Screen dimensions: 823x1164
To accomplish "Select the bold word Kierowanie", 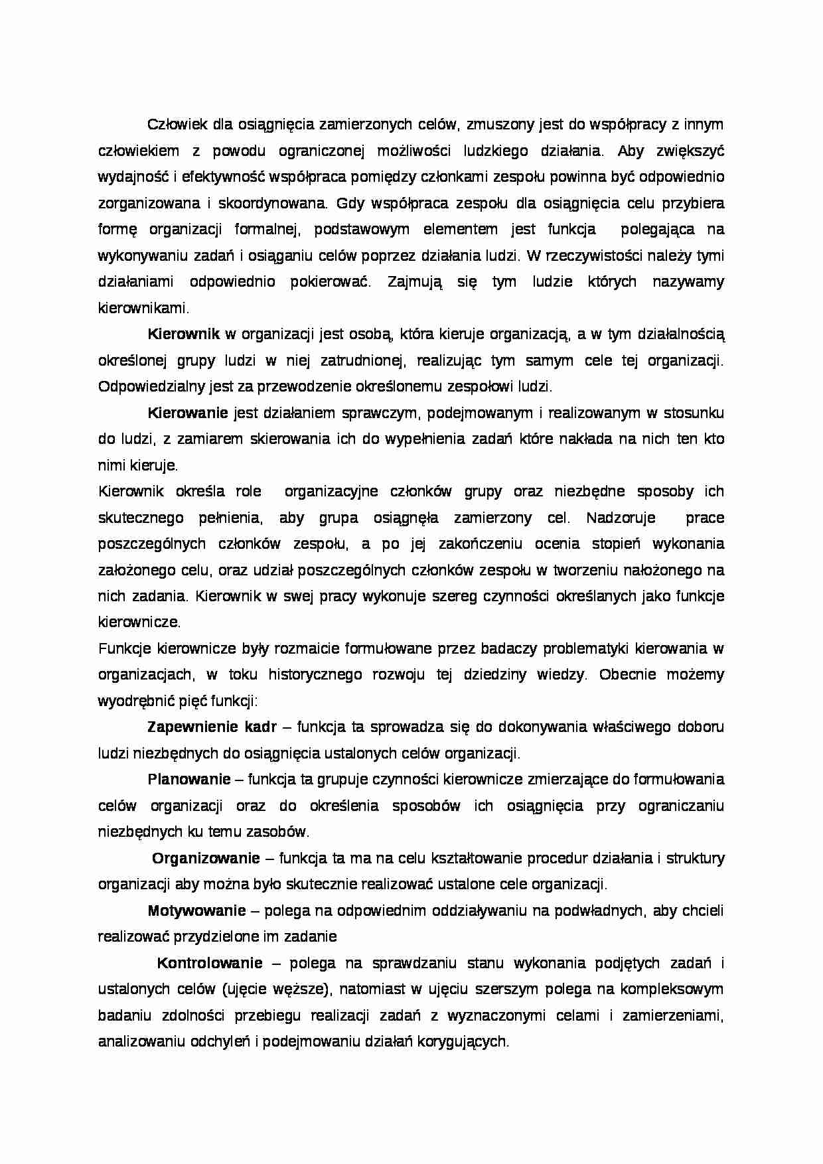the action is point(188,413).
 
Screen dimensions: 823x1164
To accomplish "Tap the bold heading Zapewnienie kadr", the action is point(211,727).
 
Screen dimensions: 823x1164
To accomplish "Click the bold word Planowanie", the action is point(189,780).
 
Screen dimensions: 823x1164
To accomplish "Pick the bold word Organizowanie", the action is point(206,859).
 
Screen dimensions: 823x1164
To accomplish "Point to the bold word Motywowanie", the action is point(196,911).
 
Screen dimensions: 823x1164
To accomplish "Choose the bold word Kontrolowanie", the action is point(210,964).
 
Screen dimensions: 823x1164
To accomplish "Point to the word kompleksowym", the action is point(672,990).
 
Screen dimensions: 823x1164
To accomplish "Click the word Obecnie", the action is point(628,676).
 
